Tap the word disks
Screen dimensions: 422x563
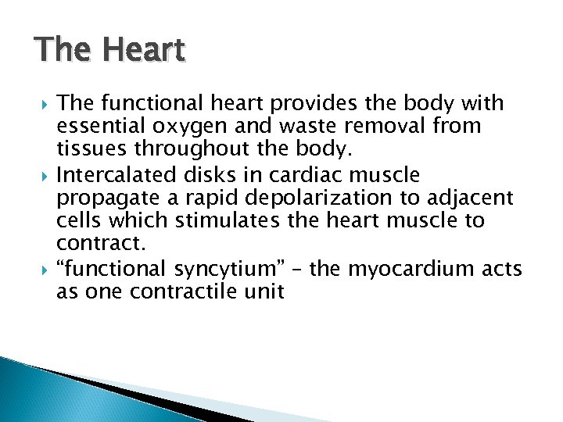click(x=198, y=173)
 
